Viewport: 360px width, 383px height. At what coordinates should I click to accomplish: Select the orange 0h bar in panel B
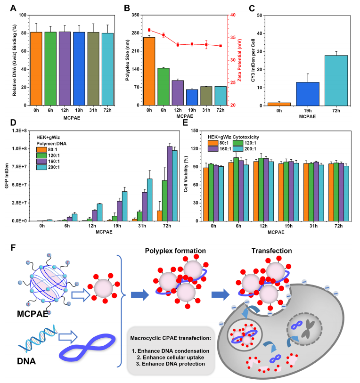(149, 71)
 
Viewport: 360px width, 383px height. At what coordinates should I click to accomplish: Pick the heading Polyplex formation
(176, 250)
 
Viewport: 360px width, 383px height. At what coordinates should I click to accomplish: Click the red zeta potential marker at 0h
(149, 30)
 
